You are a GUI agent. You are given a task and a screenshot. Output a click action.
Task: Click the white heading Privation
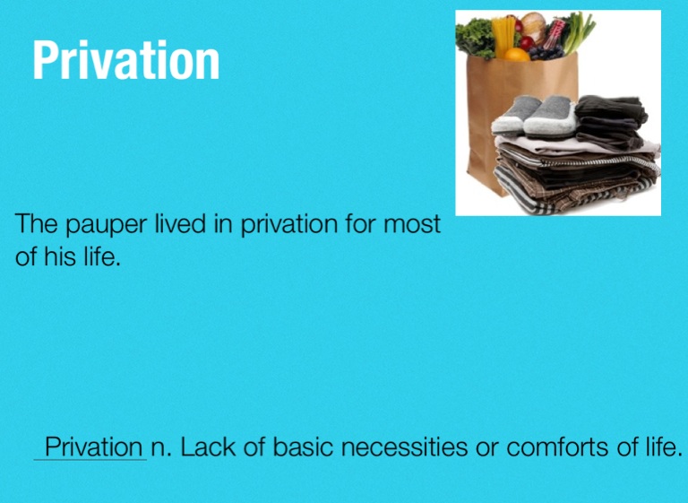[x=126, y=60]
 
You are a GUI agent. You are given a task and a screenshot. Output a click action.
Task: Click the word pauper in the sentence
[x=107, y=224]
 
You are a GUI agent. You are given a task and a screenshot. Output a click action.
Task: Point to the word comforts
[x=558, y=447]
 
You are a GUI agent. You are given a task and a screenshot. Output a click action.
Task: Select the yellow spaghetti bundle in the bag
[x=503, y=36]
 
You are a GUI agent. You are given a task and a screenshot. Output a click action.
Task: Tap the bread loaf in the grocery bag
[x=533, y=26]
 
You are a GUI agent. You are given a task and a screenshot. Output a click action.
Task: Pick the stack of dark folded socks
[x=610, y=122]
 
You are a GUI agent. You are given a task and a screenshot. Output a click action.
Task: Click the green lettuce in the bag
[x=475, y=39]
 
